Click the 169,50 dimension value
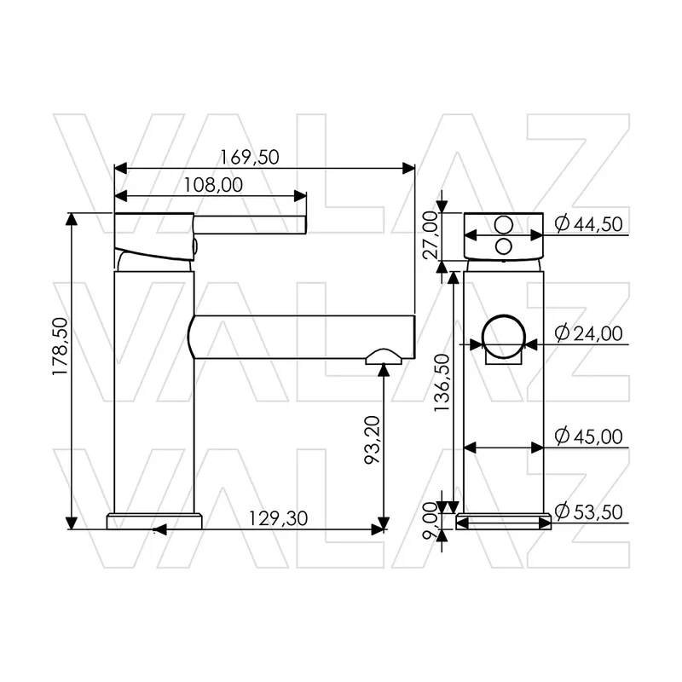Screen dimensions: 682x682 coord(249,158)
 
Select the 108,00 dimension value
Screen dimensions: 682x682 coord(213,185)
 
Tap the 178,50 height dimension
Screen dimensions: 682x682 coord(61,347)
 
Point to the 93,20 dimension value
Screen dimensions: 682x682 coord(373,440)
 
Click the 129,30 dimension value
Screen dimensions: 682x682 coord(279,518)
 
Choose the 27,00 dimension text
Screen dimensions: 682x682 coord(431,235)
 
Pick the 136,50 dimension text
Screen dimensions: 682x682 coord(442,383)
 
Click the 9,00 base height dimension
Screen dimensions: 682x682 coord(431,521)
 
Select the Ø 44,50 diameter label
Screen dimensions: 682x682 coord(589,224)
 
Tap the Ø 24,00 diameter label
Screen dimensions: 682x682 coord(589,333)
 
